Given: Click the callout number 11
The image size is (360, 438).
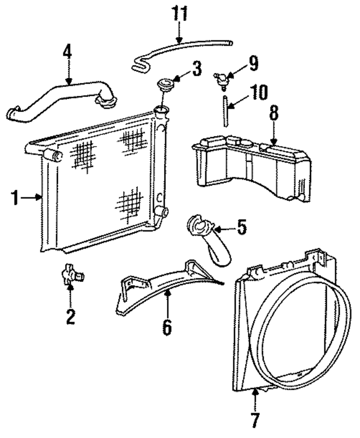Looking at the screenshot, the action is click(x=179, y=13).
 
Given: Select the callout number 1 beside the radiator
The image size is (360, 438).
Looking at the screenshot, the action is click(x=16, y=198).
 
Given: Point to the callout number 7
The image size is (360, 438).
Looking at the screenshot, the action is click(x=255, y=420).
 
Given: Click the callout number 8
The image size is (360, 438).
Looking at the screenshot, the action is click(x=273, y=114).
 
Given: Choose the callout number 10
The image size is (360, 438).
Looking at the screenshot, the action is click(x=259, y=92).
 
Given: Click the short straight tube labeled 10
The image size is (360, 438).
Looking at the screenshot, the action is click(x=225, y=111).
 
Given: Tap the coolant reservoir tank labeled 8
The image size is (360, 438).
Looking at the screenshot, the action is click(x=251, y=167).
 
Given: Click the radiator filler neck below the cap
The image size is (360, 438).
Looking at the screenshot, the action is click(x=161, y=111).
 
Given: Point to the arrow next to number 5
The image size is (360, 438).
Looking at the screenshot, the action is click(x=224, y=229).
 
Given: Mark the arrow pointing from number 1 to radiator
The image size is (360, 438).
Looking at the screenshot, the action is click(x=31, y=198).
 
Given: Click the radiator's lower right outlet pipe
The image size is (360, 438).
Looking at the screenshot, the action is click(x=160, y=212).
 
